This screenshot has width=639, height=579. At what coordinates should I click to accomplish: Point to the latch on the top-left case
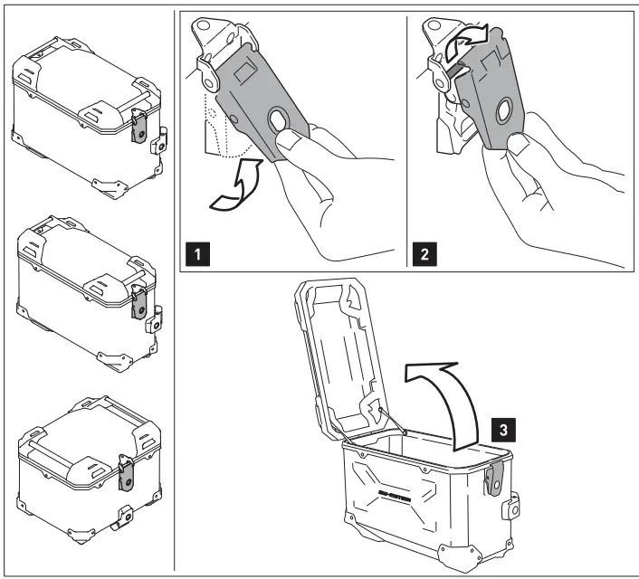coord(139,125)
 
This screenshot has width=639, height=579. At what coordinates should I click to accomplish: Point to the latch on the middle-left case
coord(138,301)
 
